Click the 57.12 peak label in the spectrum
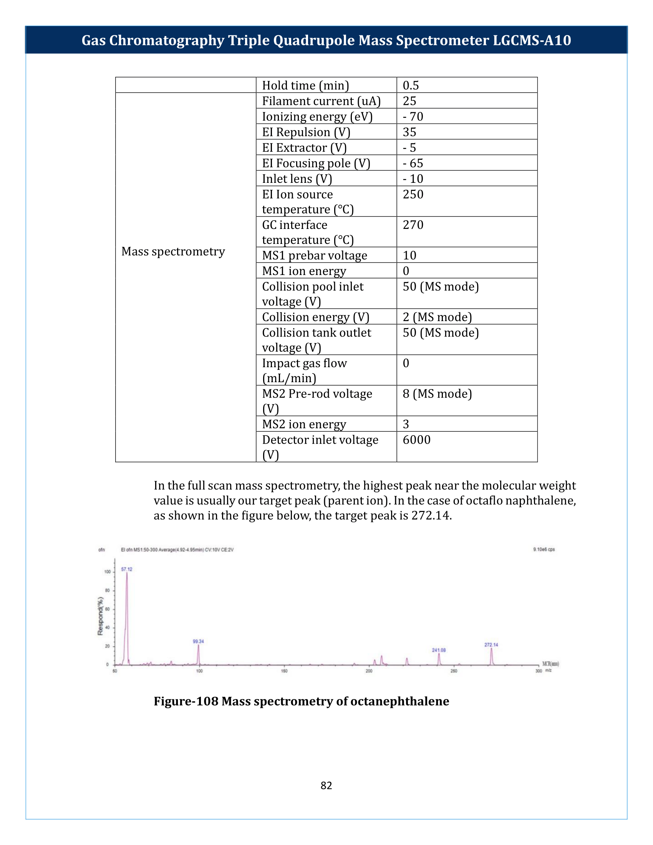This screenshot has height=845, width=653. (x=126, y=569)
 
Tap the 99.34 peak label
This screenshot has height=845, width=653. (x=199, y=641)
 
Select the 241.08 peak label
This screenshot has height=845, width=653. (x=439, y=650)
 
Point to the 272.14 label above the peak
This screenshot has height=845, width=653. (x=491, y=645)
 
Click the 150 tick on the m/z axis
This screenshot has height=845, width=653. (x=284, y=671)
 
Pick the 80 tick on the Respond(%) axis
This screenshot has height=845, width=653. (x=107, y=590)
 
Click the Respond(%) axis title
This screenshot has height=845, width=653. (x=100, y=616)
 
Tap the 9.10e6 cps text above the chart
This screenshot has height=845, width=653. (x=544, y=549)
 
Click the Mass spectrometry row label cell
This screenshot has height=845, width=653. (x=173, y=252)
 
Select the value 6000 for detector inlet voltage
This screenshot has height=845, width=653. (x=416, y=440)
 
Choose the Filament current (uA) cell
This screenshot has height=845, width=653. (x=321, y=101)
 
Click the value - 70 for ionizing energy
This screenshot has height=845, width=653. (x=413, y=116)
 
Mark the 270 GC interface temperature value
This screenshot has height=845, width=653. (x=413, y=225)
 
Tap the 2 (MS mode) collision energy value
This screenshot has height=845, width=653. (x=437, y=317)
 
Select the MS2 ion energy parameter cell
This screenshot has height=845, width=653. (x=304, y=424)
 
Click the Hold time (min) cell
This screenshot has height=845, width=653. (x=305, y=85)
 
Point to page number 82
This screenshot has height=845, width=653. (x=326, y=785)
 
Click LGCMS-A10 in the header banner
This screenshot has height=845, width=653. (x=532, y=40)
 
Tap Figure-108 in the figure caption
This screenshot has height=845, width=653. (x=186, y=701)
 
